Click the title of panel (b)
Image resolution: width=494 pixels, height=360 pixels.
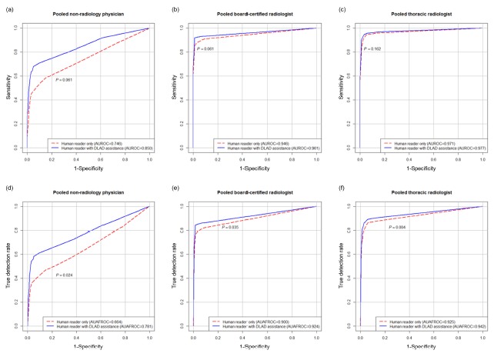click(x=251, y=15)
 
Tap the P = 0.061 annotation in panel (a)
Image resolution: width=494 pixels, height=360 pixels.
click(x=65, y=80)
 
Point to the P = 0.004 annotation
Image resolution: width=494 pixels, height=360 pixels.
click(x=398, y=228)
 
